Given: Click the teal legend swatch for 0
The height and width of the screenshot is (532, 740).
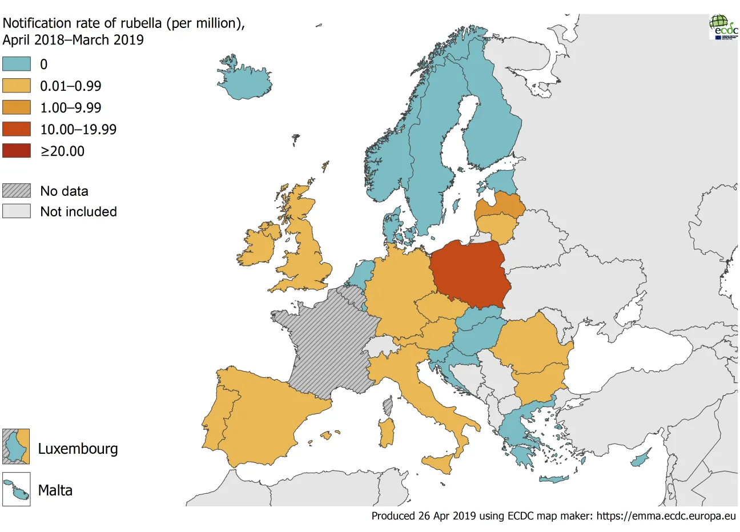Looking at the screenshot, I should point(17,63).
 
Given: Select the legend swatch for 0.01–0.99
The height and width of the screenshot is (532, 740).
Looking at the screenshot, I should point(17,86).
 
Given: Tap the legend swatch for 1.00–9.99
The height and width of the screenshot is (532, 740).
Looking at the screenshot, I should point(17,107).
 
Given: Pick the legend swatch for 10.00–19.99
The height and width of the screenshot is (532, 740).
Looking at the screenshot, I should point(17,129).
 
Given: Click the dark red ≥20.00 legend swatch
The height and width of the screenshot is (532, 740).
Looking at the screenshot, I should point(17,151).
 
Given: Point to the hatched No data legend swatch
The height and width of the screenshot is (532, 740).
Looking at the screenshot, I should point(17,191).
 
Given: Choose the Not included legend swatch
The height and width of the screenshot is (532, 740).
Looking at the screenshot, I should point(17,211).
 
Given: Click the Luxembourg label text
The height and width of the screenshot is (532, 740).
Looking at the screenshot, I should point(78,449).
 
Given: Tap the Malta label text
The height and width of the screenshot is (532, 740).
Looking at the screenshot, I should point(55,490).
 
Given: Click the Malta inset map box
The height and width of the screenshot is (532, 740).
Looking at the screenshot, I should point(16,490).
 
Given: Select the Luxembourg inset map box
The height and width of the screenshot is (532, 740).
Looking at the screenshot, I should point(16,446).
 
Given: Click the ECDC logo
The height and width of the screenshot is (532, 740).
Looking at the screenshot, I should point(723,26).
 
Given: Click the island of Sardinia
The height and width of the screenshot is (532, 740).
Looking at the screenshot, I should point(387,432).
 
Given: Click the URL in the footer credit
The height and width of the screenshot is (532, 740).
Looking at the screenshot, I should point(666,516).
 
